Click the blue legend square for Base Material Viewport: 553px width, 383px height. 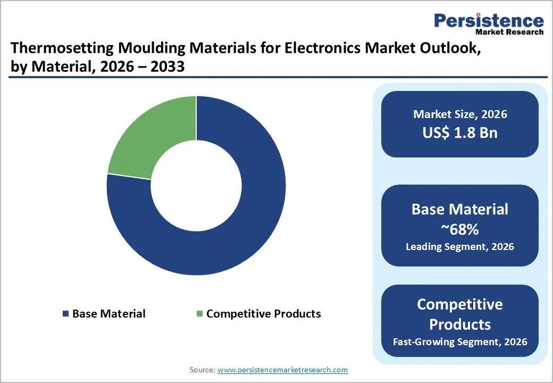click(x=66, y=314)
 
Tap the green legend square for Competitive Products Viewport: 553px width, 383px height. click(x=200, y=314)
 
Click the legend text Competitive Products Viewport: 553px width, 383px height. click(x=263, y=314)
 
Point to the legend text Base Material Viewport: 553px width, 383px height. click(x=108, y=314)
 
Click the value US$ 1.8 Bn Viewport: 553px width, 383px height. click(x=460, y=132)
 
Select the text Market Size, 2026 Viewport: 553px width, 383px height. click(x=460, y=114)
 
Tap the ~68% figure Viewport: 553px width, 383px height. click(x=460, y=229)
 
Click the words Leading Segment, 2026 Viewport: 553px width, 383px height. click(x=460, y=247)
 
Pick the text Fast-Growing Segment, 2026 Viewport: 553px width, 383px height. click(x=460, y=342)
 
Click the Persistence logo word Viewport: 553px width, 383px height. click(x=489, y=21)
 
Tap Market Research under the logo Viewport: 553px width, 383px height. click(x=509, y=32)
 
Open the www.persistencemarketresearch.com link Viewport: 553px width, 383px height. click(x=283, y=369)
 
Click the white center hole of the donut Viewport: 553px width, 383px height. click(x=196, y=186)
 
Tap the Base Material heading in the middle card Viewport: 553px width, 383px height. click(x=460, y=209)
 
